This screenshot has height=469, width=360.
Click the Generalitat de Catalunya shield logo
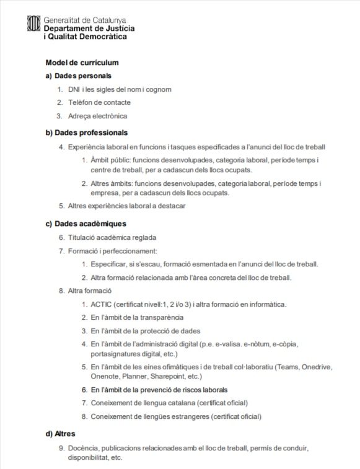[x=33, y=25]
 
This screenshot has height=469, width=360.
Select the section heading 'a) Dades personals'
[x=78, y=76]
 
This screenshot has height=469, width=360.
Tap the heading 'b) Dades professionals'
[x=86, y=133]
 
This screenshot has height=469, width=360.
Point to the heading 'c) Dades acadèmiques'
[x=86, y=223]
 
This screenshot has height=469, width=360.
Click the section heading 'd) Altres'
[x=60, y=434]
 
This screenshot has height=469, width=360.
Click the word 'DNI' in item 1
[x=74, y=89]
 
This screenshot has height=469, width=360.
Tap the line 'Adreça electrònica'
[x=97, y=116]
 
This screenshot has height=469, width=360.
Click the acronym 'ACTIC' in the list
[x=101, y=304]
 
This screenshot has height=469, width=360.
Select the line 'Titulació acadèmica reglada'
[x=112, y=237]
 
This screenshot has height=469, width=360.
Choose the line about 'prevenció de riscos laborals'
[x=159, y=390]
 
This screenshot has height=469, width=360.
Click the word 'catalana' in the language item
[x=177, y=403]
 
